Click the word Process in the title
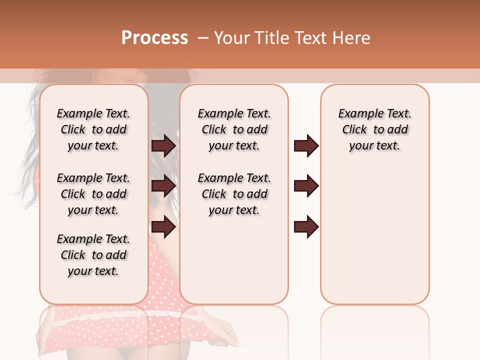point(154,38)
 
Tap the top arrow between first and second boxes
point(163,145)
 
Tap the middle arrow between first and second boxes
point(163,186)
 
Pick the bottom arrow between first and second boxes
point(163,227)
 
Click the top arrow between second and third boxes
point(306,145)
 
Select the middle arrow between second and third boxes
point(306,186)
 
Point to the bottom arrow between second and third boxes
point(306,227)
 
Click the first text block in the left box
point(93,129)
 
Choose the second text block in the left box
point(93,194)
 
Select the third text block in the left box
point(93,255)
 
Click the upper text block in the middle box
point(234,129)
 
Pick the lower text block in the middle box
point(234,194)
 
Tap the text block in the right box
point(374,129)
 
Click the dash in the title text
point(203,38)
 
